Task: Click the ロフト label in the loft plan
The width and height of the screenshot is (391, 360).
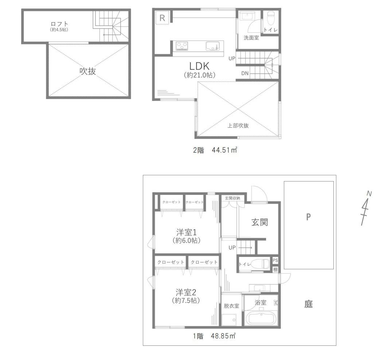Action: [59, 24]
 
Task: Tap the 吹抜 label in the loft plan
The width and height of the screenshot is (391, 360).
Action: [88, 71]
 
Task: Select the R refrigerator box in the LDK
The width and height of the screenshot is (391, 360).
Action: [162, 18]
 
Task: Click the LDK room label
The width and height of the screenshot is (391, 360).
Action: [199, 66]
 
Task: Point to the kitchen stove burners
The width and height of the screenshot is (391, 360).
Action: [182, 46]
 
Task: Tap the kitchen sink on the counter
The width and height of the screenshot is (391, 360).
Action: [213, 46]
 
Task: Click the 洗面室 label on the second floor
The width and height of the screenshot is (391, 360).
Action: [251, 38]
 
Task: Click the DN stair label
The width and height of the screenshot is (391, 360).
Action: [245, 73]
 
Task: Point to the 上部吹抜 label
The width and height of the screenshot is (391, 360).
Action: [238, 125]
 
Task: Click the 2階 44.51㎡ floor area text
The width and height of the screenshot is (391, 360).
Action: [215, 150]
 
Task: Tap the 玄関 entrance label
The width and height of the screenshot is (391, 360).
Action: [259, 222]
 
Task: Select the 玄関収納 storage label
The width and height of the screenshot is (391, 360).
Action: [232, 198]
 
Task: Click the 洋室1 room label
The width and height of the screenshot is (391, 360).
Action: [186, 232]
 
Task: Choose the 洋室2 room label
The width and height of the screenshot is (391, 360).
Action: [186, 292]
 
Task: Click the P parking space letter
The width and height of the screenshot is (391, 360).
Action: [308, 217]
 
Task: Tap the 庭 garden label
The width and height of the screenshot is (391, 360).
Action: [308, 304]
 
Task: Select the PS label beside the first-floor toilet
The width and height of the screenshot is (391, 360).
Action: [275, 260]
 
